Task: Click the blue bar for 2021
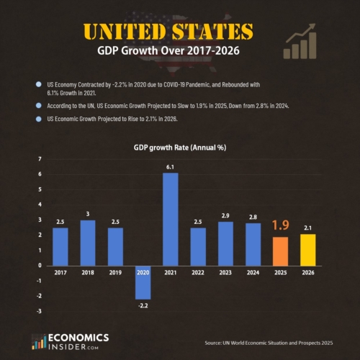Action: pos(170,220)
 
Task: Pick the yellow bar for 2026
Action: pos(308,249)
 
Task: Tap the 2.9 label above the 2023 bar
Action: pos(225,215)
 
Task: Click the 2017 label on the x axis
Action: pos(60,274)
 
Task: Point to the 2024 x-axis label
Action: pos(253,274)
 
